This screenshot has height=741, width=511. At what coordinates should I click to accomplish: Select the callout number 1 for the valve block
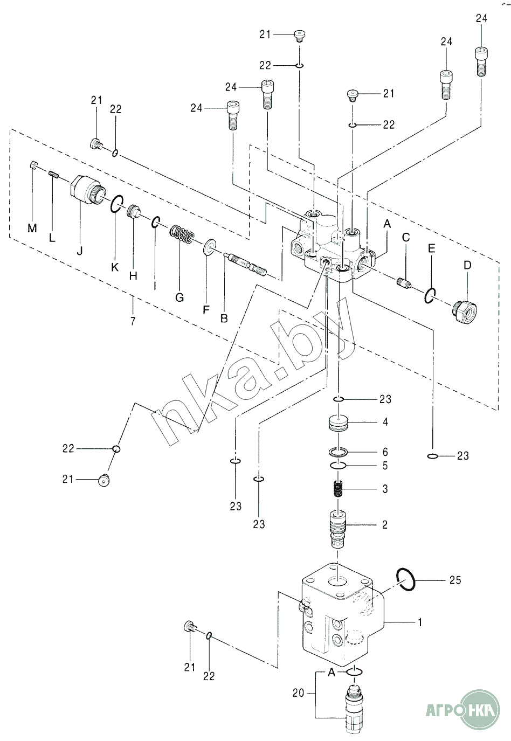[420, 622]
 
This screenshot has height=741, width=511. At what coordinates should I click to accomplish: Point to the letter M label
[32, 228]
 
